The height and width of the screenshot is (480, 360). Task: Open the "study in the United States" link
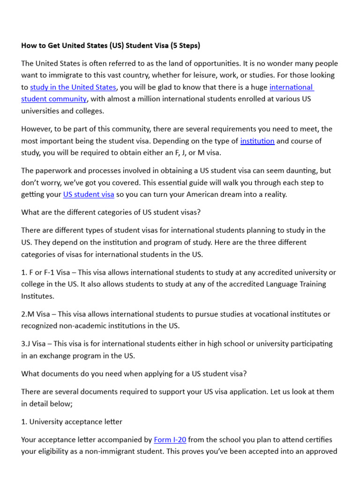point(73,87)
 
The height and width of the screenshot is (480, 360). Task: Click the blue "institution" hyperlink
point(257,141)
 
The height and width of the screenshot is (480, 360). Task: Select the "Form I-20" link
point(170,439)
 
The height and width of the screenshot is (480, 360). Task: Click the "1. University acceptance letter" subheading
point(72,421)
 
